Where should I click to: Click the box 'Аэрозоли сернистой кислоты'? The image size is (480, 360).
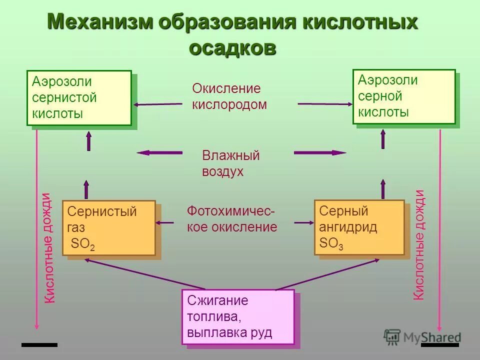(79, 97)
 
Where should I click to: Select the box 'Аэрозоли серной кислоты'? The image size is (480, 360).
(404, 96)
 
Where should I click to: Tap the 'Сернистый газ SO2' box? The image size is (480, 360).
(109, 227)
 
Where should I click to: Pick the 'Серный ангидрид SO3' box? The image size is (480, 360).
(359, 227)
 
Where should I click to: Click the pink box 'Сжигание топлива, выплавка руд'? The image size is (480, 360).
(238, 317)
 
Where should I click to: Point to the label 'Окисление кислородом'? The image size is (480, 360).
(229, 96)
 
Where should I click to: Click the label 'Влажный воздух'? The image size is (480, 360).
(230, 163)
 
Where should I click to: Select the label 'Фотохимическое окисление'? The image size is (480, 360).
(231, 219)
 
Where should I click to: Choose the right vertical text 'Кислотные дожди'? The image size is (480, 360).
(419, 245)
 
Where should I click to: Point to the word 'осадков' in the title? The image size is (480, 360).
(233, 48)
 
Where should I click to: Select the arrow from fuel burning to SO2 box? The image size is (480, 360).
(145, 274)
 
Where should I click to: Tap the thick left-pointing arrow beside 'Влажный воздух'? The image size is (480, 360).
(159, 152)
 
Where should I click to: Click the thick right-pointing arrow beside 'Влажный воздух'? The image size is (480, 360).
(320, 152)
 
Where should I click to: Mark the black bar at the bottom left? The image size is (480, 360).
(39, 344)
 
